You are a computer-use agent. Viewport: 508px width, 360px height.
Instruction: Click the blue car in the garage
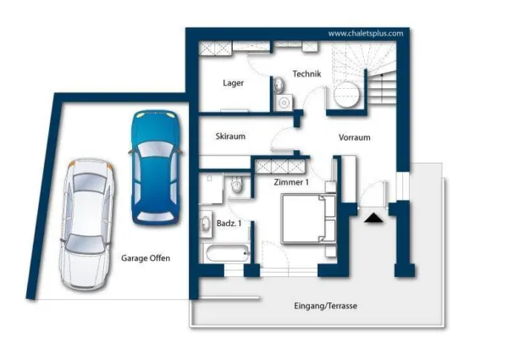click(156, 167)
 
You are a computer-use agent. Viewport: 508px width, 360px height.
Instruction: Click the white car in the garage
click(86, 224)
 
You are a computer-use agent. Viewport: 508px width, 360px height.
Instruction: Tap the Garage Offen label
click(146, 258)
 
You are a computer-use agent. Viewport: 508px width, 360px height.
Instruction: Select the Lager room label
click(234, 83)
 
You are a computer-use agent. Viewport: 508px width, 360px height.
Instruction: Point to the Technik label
click(306, 74)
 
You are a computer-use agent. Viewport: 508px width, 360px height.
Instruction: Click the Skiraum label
click(230, 136)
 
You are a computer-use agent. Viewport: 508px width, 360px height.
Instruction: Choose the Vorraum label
click(355, 137)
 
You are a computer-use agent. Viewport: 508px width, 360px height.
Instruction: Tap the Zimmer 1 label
click(291, 182)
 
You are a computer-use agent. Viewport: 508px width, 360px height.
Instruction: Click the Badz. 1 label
click(229, 224)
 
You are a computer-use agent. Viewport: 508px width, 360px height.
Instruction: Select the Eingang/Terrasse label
click(326, 306)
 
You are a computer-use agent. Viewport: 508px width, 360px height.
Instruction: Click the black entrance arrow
click(373, 218)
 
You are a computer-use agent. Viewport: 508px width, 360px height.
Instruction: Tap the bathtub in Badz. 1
click(227, 253)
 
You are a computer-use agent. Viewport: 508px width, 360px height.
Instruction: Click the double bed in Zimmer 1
click(309, 219)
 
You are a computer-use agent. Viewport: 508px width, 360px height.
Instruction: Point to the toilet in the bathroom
click(237, 186)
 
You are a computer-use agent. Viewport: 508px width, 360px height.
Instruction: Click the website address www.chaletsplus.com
click(366, 33)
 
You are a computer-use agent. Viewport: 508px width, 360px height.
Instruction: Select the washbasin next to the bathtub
click(206, 224)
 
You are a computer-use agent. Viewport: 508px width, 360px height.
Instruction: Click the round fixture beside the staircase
click(346, 94)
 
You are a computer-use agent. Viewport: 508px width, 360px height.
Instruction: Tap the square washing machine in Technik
click(284, 102)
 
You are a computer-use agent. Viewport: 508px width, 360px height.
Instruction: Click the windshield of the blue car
click(156, 150)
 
